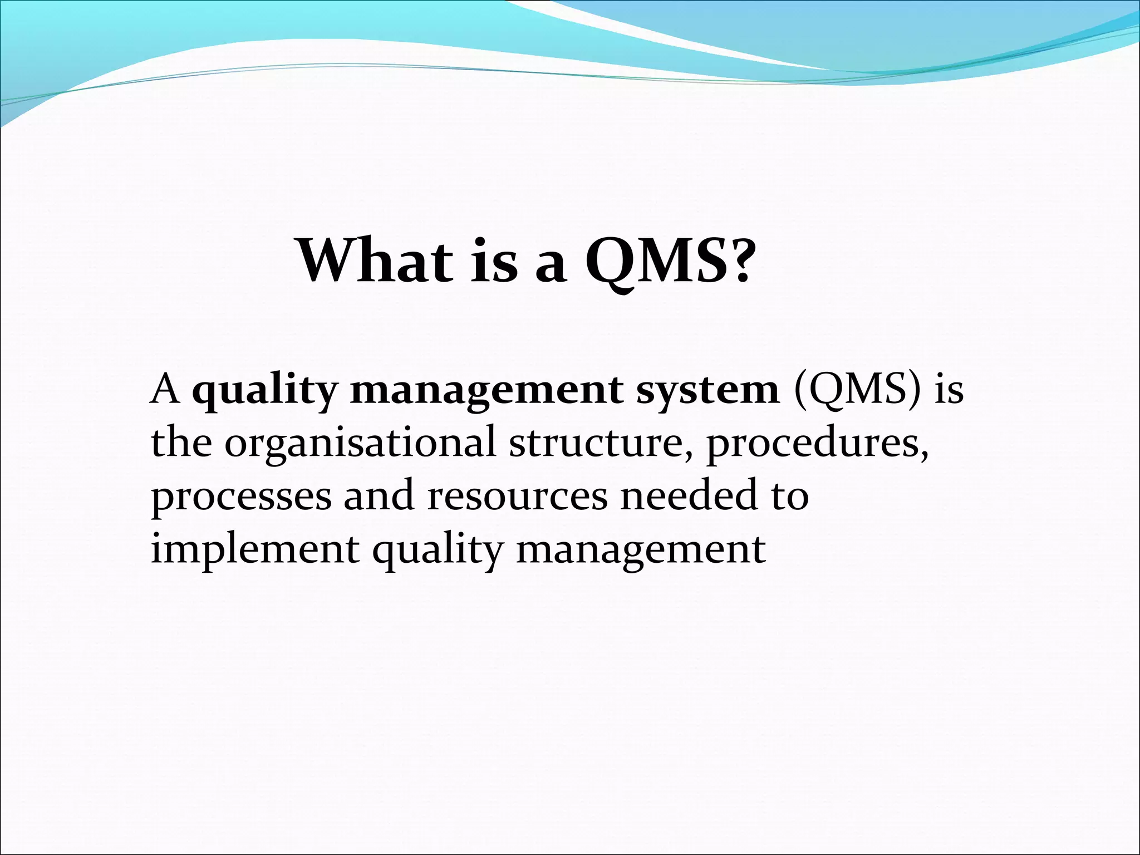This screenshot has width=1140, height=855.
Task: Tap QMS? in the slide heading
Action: click(669, 262)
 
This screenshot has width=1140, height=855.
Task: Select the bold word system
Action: click(707, 391)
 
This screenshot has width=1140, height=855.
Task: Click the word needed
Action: click(689, 495)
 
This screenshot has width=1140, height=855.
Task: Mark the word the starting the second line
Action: click(181, 443)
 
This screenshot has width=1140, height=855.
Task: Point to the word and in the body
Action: click(379, 495)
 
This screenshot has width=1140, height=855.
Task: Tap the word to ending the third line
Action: click(789, 495)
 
